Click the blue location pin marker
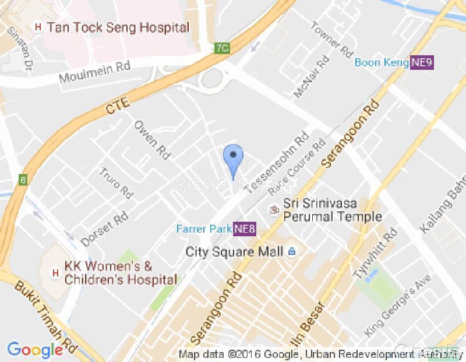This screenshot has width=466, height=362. point(234,157)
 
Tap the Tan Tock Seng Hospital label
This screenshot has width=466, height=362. point(118,27)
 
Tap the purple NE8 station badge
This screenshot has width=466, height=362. point(245,228)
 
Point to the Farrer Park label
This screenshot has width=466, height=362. point(204,228)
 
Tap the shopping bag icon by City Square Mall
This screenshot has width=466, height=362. point(292,252)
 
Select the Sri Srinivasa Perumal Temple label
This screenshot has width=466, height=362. point(332,211)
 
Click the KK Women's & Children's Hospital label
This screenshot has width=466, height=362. point(120,273)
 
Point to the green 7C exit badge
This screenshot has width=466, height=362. point(221,48)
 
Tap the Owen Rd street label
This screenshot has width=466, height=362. point(153,140)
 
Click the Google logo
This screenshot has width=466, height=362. point(35,349)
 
